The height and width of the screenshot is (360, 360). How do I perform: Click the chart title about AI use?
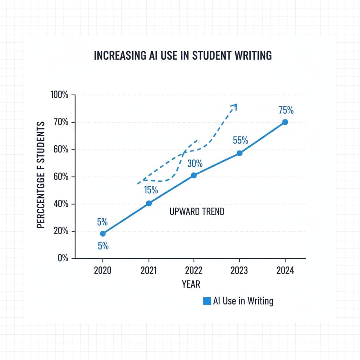[x=182, y=56]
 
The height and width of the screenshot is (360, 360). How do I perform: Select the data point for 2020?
[x=103, y=233]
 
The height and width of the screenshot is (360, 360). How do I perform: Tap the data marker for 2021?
[x=149, y=203]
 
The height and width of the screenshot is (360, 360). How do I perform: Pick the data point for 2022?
[x=194, y=175]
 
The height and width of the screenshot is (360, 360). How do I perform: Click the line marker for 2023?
[x=239, y=153]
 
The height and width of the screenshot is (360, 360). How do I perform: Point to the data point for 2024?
[x=285, y=122]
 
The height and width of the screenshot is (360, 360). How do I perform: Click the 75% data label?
[x=286, y=110]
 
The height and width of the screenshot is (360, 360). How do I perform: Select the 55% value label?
[x=240, y=140]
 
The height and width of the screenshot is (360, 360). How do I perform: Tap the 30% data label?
[x=195, y=163]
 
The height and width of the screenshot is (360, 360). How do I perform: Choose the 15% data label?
[x=151, y=190]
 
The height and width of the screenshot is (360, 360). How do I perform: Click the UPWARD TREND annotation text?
[x=197, y=212]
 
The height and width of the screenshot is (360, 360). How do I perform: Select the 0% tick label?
[x=62, y=258]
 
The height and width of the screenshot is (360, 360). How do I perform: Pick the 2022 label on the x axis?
[x=194, y=270]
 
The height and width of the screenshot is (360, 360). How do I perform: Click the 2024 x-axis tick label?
[x=285, y=270]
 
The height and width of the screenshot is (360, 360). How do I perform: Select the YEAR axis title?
[x=191, y=284]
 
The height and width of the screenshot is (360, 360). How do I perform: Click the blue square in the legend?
[x=207, y=301]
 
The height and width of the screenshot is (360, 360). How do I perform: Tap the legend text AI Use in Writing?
[x=243, y=301]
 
